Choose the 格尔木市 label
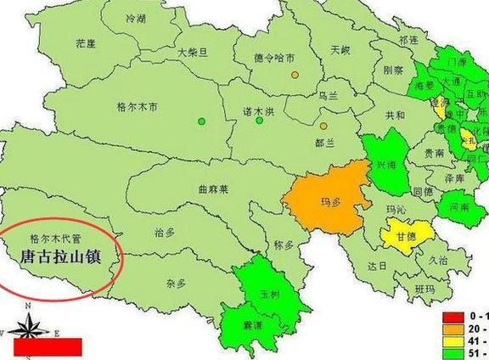point(137,107)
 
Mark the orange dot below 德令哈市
point(295,75)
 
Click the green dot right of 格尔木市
point(201,121)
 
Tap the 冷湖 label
point(135,18)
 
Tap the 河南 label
point(459,206)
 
